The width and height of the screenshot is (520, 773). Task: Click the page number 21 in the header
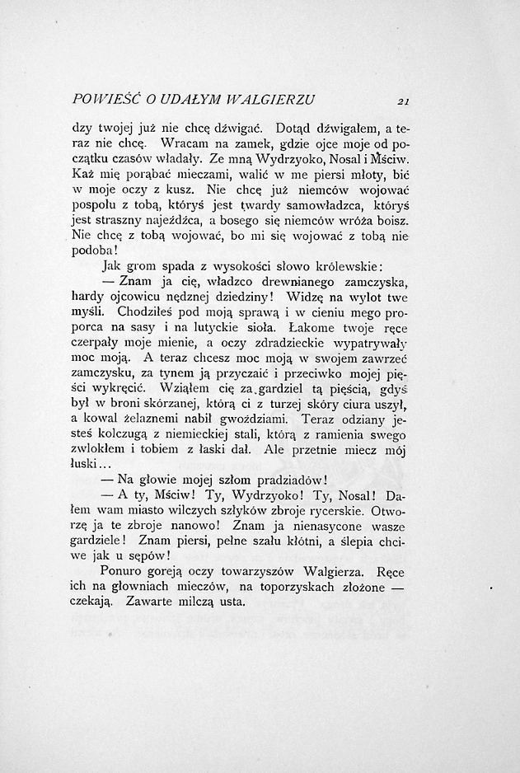point(403,102)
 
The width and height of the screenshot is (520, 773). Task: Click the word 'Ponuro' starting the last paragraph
point(124,569)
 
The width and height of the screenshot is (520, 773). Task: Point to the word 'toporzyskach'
point(303,585)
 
